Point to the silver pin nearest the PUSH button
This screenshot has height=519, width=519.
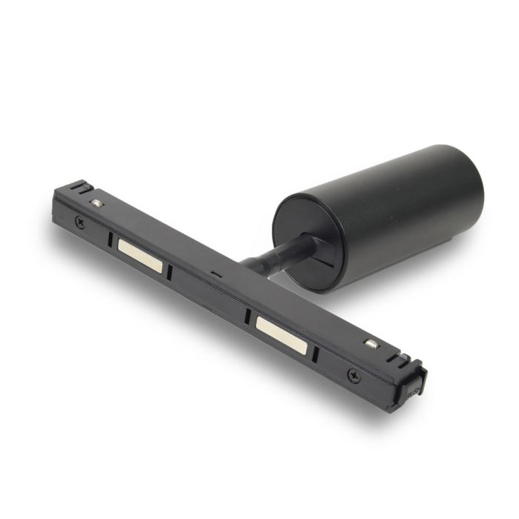[x=370, y=343]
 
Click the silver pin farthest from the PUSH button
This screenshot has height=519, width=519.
[x=96, y=203]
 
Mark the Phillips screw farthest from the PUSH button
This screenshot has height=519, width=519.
[x=79, y=222]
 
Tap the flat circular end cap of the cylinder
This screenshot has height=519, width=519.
[x=307, y=241]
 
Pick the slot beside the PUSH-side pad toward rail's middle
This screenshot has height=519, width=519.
[x=247, y=315]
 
